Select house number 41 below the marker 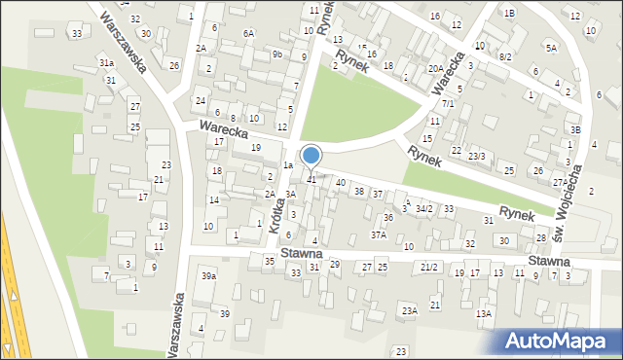point(311,180)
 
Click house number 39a point(208,276)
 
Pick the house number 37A point(379,234)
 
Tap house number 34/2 point(423,209)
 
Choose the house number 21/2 point(429,267)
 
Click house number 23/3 point(476,157)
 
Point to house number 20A point(436,69)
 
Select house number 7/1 point(448,103)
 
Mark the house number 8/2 point(504,57)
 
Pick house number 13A point(483,314)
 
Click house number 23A point(409,311)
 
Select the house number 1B point(509,13)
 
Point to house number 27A point(560,182)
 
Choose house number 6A point(248,34)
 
